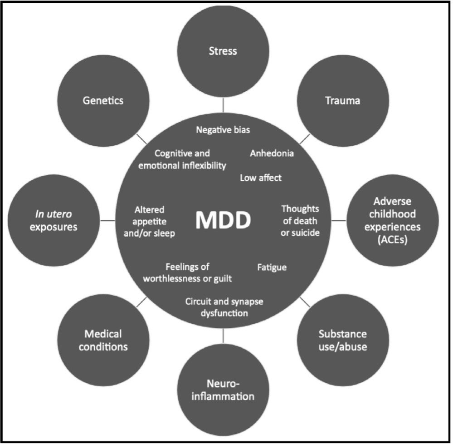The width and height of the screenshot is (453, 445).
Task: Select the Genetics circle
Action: click(103, 100)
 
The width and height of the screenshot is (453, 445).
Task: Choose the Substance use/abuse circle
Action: click(342, 341)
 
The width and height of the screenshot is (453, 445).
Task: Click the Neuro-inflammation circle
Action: click(223, 391)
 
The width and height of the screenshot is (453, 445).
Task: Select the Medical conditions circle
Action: click(103, 341)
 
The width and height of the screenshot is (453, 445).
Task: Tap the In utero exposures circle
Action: click(54, 221)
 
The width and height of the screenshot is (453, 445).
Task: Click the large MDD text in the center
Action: click(223, 221)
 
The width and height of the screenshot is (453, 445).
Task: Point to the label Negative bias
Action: click(223, 129)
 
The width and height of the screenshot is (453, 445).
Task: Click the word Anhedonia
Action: click(272, 153)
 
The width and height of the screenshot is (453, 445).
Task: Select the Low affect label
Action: click(260, 178)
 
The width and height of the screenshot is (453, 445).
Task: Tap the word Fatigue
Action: click(272, 267)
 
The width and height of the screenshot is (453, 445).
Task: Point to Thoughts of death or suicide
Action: click(301, 221)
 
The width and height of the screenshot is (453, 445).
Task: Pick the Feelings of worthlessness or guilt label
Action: click(187, 272)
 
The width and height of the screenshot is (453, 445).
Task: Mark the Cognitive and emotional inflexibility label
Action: click(190, 159)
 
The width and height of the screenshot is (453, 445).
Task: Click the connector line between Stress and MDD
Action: click(223, 105)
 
